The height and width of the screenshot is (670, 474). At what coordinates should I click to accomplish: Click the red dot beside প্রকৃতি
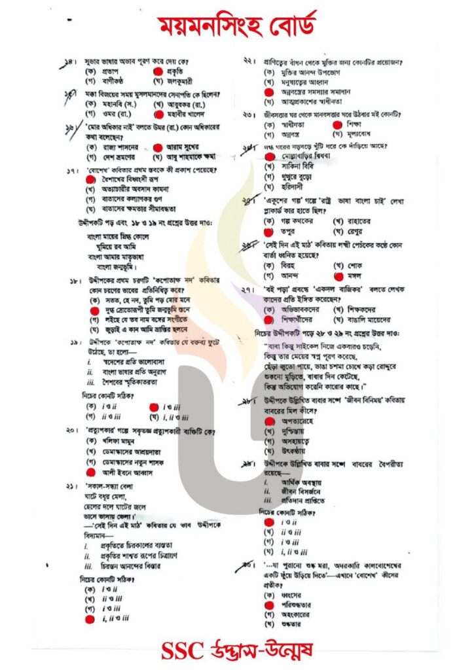[157, 70]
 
